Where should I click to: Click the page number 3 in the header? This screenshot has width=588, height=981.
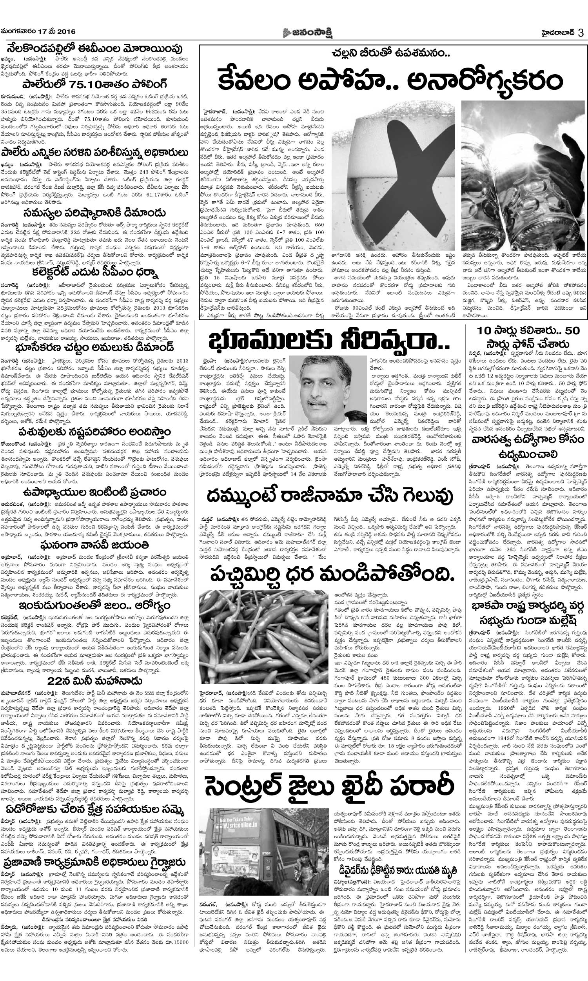click(580, 33)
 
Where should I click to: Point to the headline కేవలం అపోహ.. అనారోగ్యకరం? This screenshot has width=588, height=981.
click(390, 80)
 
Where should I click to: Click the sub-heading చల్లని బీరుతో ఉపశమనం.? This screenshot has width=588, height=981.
click(391, 53)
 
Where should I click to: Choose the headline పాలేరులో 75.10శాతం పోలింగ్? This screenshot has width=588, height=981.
click(94, 84)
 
